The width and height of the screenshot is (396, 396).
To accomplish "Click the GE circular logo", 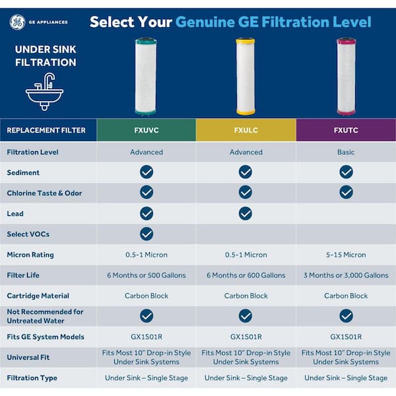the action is (x=17, y=22).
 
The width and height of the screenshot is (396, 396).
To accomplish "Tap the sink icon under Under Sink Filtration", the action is (x=44, y=92).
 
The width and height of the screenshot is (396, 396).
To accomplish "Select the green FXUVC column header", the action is (x=147, y=130).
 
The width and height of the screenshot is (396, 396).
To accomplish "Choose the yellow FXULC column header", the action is (x=246, y=130).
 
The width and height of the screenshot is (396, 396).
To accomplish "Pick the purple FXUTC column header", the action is (x=346, y=130).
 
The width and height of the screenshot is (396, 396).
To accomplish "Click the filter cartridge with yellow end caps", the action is (x=246, y=77).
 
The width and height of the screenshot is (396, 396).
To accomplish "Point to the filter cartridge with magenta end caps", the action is (x=346, y=77).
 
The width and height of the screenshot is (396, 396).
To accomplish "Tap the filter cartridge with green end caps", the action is (x=146, y=77).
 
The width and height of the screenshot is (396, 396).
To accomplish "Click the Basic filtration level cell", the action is (x=346, y=152).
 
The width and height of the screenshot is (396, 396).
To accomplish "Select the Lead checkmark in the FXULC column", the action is (x=246, y=213).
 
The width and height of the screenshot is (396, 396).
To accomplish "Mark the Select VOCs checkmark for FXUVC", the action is (x=147, y=234).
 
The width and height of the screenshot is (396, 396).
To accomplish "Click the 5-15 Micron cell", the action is (x=346, y=255).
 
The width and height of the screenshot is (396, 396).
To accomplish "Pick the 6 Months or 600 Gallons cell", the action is (x=246, y=275).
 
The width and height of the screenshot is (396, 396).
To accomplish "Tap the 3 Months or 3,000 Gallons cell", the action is (x=346, y=275).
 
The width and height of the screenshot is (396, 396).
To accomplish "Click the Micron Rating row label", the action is (x=30, y=255).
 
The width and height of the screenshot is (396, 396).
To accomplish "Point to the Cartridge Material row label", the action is (x=38, y=296).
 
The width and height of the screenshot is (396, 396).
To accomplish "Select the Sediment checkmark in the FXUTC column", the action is (x=346, y=172).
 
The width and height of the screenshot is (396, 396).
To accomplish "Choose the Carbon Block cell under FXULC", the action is (x=246, y=296).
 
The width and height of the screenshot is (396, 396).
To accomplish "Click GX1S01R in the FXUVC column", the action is (x=147, y=337).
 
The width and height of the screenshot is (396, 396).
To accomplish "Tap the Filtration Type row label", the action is (x=32, y=378).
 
